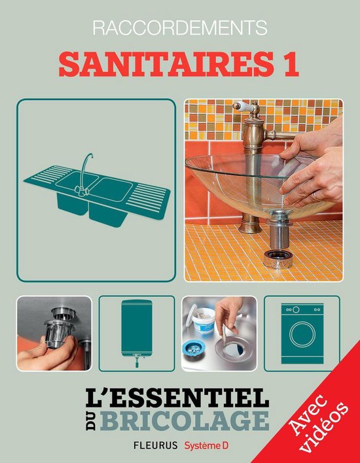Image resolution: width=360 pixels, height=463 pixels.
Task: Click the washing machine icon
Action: coord(302,333)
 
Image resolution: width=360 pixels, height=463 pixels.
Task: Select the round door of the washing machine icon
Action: coord(302,339)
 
